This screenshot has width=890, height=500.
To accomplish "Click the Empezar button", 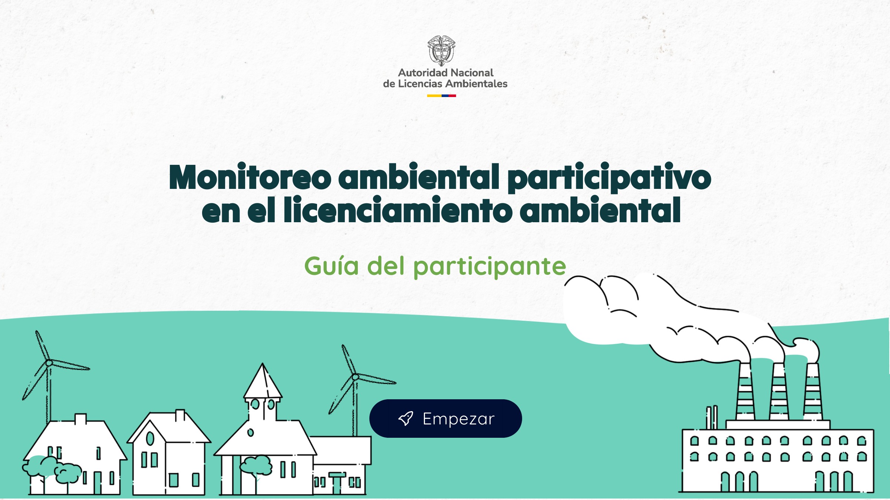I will (x=445, y=419).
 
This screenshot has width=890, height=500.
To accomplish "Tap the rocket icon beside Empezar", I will (x=405, y=419).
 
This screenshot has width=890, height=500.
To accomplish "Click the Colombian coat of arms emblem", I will (x=441, y=51).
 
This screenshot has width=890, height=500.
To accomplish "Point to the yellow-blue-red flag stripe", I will (x=441, y=96).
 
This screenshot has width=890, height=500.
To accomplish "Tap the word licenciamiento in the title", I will (x=398, y=210).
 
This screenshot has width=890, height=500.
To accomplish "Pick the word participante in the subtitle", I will (x=489, y=267).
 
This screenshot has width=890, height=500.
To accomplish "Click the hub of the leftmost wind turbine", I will (x=49, y=363).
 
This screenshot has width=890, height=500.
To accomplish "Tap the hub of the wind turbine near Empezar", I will (x=355, y=377).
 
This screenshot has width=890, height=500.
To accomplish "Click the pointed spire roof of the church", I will (x=263, y=381).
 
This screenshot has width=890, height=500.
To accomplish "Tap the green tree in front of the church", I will (x=256, y=465).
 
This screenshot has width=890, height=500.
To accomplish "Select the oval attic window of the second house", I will (x=150, y=439).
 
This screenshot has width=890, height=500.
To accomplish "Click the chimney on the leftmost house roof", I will (x=80, y=419).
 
